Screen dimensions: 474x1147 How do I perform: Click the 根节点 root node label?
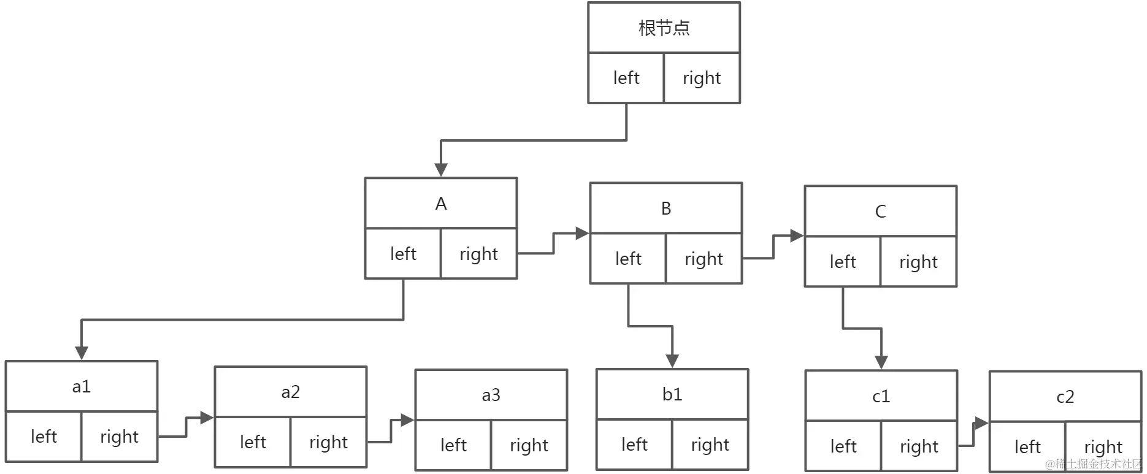(664, 28)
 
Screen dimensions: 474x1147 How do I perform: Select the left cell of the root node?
(626, 78)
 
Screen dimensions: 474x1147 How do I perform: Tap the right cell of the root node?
(702, 78)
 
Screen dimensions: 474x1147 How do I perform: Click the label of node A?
(440, 204)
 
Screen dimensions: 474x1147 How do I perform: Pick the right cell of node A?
(478, 254)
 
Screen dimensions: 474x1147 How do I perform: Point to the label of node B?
(666, 208)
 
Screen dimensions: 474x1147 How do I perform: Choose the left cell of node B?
(628, 259)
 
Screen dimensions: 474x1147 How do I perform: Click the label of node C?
(880, 212)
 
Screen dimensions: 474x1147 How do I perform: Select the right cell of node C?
(918, 262)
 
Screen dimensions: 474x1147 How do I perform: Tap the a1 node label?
(81, 386)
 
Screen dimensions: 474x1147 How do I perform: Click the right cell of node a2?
(328, 442)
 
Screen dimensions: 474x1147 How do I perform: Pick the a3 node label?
(491, 395)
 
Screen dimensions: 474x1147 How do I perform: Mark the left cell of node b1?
(634, 445)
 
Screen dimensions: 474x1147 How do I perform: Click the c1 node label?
(881, 396)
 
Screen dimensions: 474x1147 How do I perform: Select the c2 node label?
(1065, 397)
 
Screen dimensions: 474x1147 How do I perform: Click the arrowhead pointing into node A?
(440, 170)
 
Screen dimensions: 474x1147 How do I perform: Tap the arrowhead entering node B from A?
(581, 233)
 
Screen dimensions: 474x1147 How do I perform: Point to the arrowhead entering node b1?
(672, 361)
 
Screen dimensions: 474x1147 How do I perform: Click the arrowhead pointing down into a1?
(82, 353)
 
